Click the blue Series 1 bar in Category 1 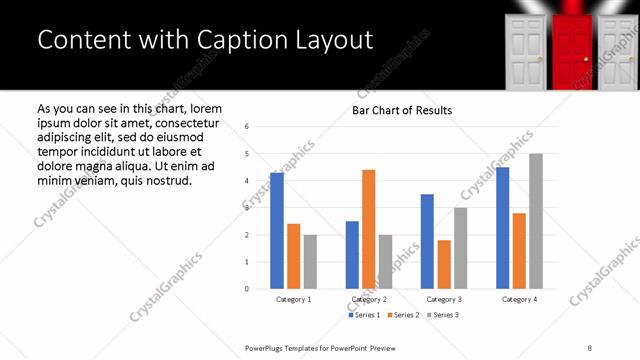[x=277, y=230]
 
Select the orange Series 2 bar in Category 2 [x=368, y=229]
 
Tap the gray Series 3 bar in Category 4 [x=536, y=221]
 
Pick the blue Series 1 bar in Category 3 [x=427, y=241]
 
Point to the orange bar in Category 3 [x=444, y=264]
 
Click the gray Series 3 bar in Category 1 [x=310, y=261]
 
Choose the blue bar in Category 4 [x=502, y=227]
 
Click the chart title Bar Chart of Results [x=402, y=110]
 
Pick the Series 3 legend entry [x=445, y=315]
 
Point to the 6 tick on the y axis [x=247, y=127]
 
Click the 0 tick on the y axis [x=247, y=289]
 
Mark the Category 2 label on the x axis [x=368, y=299]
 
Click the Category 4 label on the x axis [x=518, y=299]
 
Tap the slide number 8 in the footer [x=590, y=348]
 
